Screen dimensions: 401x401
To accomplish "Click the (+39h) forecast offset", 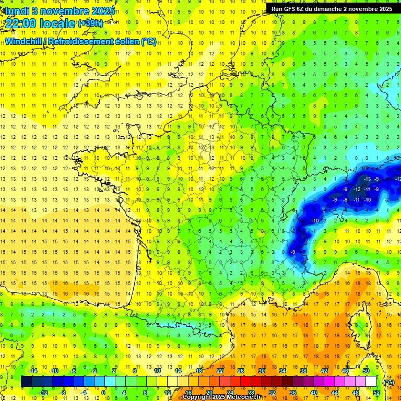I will pyautogui.click(x=90, y=23).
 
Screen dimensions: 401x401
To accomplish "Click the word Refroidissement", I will pyautogui.click(x=80, y=41).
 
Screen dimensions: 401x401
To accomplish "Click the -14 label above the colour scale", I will pyautogui.click(x=33, y=371).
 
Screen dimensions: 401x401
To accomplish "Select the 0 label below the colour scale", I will pyautogui.click(x=103, y=393).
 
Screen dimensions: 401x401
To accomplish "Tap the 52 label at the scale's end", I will pyautogui.click(x=376, y=393).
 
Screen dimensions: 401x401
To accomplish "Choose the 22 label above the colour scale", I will pyautogui.click(x=220, y=371).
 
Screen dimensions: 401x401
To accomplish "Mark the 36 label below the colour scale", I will pyautogui.click(x=292, y=393).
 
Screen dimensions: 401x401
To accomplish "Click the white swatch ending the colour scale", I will pyautogui.click(x=371, y=382).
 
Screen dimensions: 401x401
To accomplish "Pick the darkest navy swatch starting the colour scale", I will pyautogui.click(x=26, y=382).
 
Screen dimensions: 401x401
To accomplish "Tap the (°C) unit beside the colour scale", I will pyautogui.click(x=389, y=382).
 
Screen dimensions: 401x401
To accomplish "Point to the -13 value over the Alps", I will pyautogui.click(x=368, y=179).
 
